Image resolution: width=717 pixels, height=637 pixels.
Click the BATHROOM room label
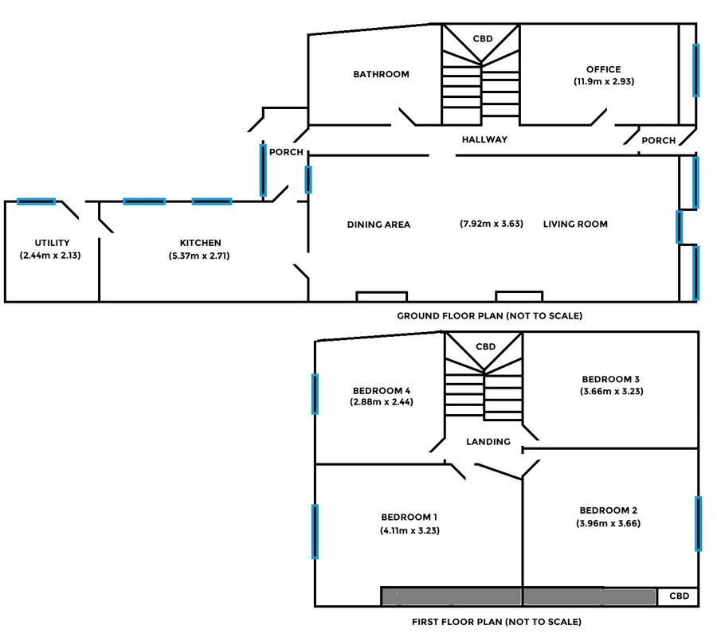pyautogui.click(x=381, y=74)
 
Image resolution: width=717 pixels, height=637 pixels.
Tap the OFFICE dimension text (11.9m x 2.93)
pyautogui.click(x=604, y=81)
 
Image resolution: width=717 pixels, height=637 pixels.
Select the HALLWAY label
pyautogui.click(x=484, y=139)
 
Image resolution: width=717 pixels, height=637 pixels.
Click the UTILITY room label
pyautogui.click(x=52, y=243)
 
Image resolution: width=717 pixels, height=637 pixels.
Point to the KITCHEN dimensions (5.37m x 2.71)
pyautogui.click(x=199, y=256)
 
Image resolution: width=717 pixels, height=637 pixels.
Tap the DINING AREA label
pyautogui.click(x=378, y=225)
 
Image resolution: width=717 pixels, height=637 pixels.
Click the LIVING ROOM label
pyautogui.click(x=575, y=224)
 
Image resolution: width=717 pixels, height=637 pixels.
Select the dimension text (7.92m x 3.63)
pyautogui.click(x=491, y=224)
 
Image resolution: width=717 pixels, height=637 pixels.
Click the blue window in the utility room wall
pyautogui.click(x=36, y=201)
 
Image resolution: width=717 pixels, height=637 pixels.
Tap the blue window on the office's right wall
pyautogui.click(x=695, y=70)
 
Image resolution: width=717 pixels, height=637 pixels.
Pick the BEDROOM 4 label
pyautogui.click(x=382, y=391)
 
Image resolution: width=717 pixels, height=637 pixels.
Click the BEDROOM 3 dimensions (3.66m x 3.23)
pyautogui.click(x=611, y=391)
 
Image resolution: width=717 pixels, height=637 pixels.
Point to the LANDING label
pyautogui.click(x=488, y=441)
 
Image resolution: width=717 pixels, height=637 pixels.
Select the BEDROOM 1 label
pyautogui.click(x=409, y=517)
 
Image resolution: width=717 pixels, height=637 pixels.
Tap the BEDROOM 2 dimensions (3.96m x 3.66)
pyautogui.click(x=608, y=523)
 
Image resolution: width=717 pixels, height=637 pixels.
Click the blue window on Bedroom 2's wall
pyautogui.click(x=698, y=524)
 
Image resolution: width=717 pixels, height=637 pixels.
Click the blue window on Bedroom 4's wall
pyautogui.click(x=315, y=394)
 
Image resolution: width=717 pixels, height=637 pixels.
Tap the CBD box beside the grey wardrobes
pyautogui.click(x=678, y=596)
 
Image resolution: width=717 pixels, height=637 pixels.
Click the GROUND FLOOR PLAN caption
pyautogui.click(x=489, y=315)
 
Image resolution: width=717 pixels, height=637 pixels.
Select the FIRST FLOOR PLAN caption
pyautogui.click(x=496, y=621)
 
